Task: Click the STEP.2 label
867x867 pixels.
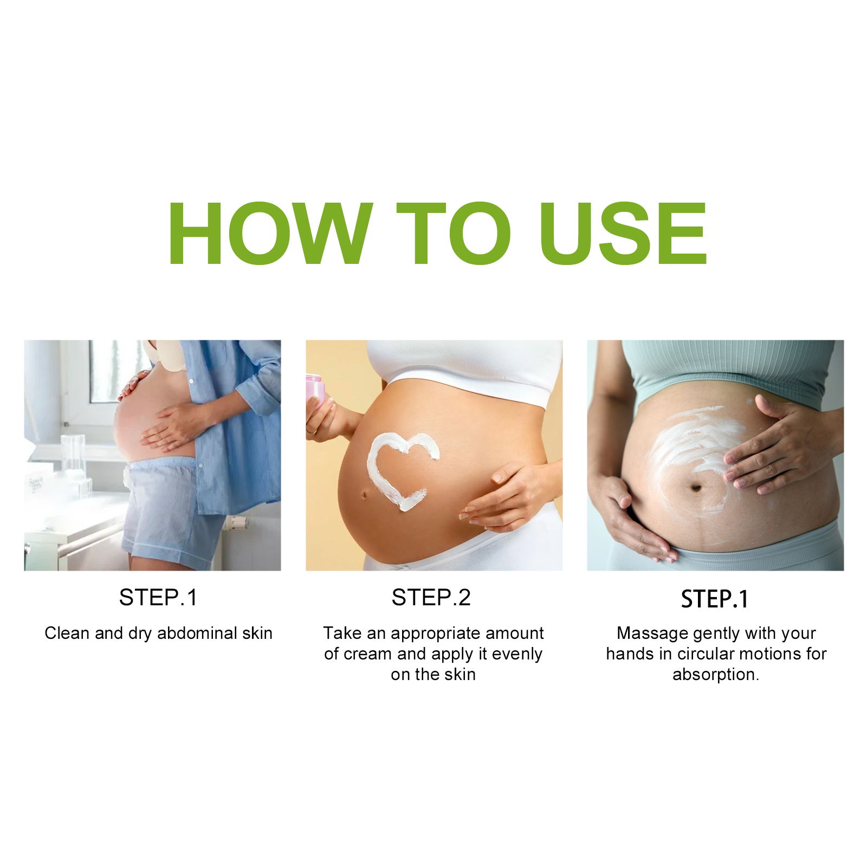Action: coord(431,598)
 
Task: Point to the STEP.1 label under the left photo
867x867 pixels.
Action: coord(158,598)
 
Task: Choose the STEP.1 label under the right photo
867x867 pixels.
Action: coord(715,599)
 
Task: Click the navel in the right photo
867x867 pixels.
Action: coord(697,488)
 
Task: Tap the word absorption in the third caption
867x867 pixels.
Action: coord(714,675)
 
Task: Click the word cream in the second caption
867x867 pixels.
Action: coord(371,654)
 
